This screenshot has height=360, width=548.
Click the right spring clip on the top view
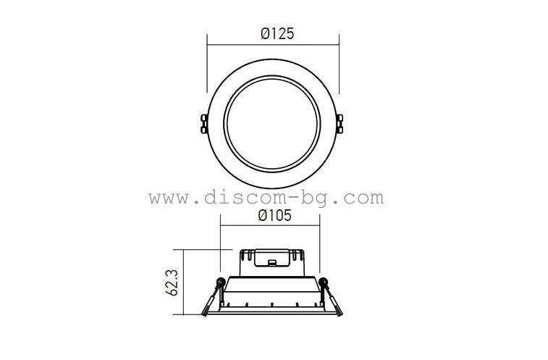340,122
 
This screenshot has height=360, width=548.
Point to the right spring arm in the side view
332,300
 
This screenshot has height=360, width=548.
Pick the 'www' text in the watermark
169,197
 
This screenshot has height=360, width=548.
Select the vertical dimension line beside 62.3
184,282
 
